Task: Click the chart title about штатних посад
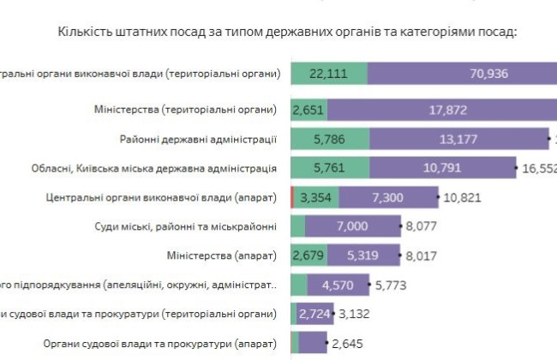click(287, 33)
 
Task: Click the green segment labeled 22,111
click(329, 74)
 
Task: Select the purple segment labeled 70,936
click(463, 74)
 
